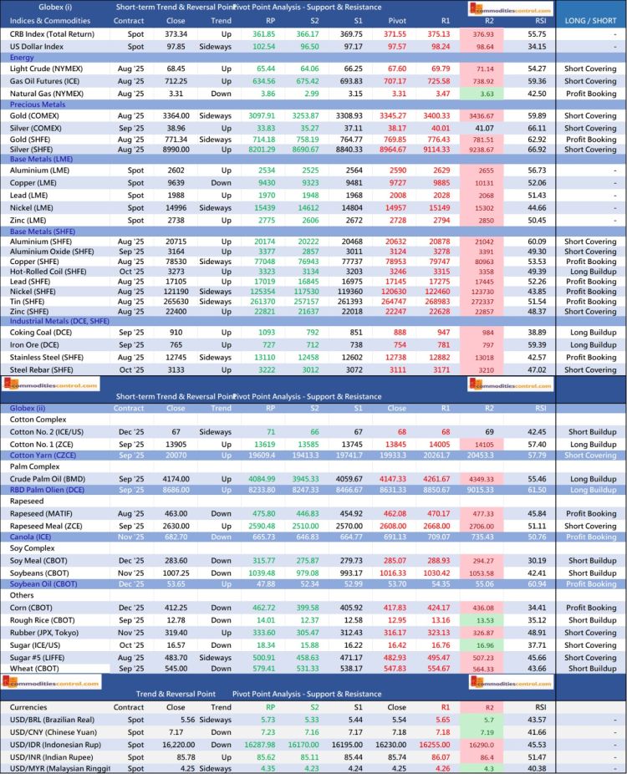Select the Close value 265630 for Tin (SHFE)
(x=176, y=301)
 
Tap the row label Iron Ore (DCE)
(x=34, y=344)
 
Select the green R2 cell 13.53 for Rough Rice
(x=484, y=620)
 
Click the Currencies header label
(x=30, y=706)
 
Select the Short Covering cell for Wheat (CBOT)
(x=590, y=668)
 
